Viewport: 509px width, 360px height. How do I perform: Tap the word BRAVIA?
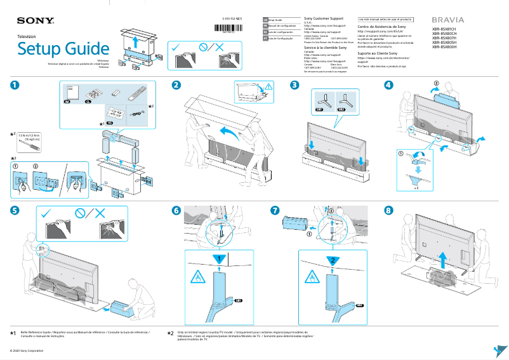click(x=447, y=20)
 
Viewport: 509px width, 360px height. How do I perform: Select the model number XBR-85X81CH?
click(x=444, y=29)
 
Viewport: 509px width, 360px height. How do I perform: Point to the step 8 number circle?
click(x=388, y=210)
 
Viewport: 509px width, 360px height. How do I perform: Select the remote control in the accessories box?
click(x=135, y=93)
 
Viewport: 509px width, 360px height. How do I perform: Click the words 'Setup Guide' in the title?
click(x=63, y=48)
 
